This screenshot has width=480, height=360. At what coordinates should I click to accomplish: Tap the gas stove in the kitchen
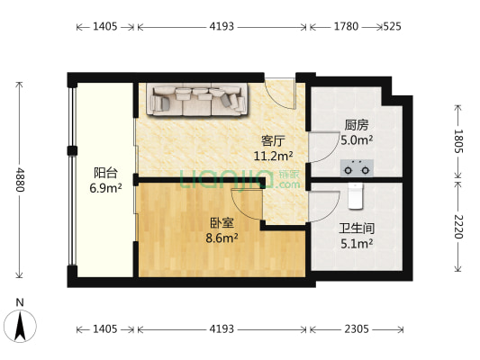pyautogui.click(x=358, y=166)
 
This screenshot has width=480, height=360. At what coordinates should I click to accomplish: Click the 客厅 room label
pyautogui.click(x=273, y=140)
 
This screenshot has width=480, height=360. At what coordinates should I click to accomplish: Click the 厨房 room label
pyautogui.click(x=356, y=126)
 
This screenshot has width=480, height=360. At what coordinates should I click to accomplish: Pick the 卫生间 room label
pyautogui.click(x=358, y=229)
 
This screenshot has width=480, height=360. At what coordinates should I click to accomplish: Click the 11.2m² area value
pyautogui.click(x=273, y=155)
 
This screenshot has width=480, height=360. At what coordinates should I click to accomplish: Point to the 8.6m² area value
pyautogui.click(x=220, y=238)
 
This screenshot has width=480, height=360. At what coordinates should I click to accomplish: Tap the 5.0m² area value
pyautogui.click(x=358, y=140)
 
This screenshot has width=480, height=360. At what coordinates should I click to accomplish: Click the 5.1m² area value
pyautogui.click(x=358, y=242)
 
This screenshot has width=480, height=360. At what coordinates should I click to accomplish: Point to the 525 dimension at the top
pyautogui.click(x=393, y=27)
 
